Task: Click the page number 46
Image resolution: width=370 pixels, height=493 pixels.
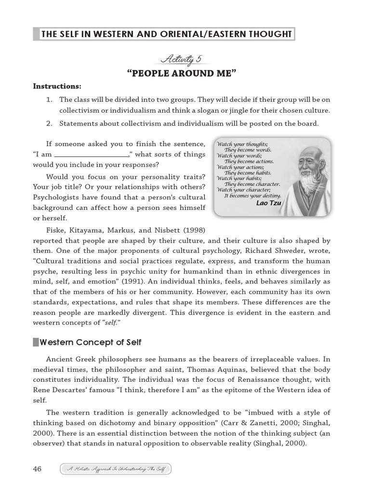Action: [x=38, y=469]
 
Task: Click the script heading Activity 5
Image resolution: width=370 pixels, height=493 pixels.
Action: [x=181, y=60]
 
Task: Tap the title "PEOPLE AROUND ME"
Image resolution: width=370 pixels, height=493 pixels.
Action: [x=181, y=73]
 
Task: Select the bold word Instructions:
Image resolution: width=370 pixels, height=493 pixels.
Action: [x=57, y=87]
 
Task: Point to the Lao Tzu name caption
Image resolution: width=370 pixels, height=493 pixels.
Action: [x=268, y=203]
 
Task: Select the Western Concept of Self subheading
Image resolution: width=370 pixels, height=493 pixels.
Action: [x=91, y=342]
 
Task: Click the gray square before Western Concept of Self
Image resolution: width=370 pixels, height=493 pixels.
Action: [x=36, y=342]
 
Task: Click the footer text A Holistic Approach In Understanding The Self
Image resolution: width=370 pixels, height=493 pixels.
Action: [x=116, y=469]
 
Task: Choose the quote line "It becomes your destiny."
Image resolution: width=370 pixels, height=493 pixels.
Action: [x=252, y=196]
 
